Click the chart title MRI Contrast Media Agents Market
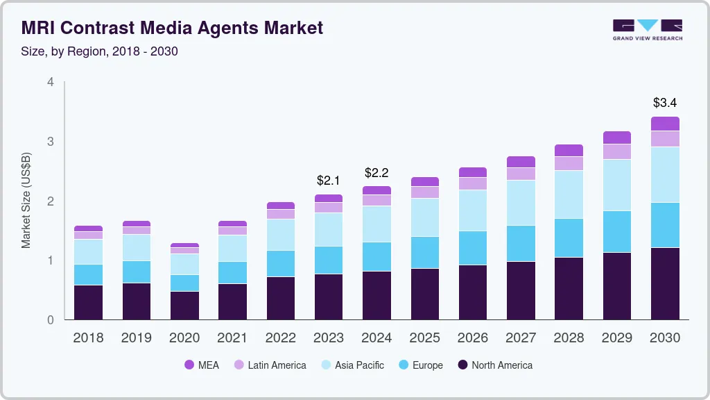[172, 28]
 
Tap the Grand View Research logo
[647, 29]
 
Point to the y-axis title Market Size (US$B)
[26, 201]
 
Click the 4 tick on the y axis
[50, 82]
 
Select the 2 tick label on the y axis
[50, 201]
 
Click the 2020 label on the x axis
[184, 338]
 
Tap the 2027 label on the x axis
[521, 338]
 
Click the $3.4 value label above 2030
[666, 103]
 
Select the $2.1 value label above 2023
[329, 181]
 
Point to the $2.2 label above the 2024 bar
[376, 172]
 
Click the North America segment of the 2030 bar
[666, 283]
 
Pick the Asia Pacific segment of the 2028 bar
[569, 194]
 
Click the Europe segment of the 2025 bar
[425, 252]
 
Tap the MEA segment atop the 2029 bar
[617, 137]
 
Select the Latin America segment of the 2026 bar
[473, 183]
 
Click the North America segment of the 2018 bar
[88, 302]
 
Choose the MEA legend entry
[202, 365]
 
